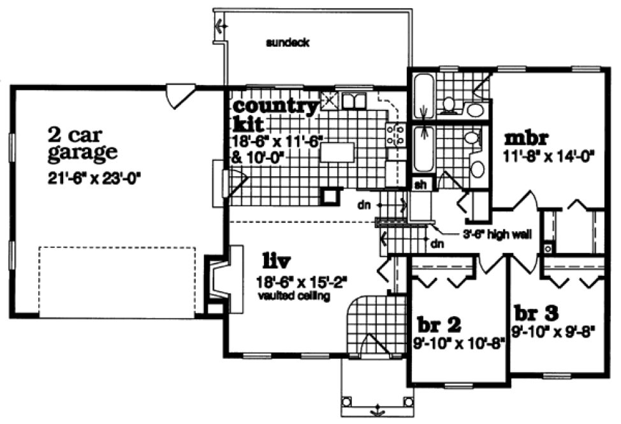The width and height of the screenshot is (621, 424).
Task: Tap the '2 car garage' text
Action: click(x=82, y=144)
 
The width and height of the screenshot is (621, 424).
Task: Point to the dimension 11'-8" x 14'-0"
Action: click(x=549, y=156)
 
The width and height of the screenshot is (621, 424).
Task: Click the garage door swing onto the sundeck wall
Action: click(x=177, y=95)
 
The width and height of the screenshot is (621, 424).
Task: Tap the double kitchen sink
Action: click(x=353, y=100)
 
